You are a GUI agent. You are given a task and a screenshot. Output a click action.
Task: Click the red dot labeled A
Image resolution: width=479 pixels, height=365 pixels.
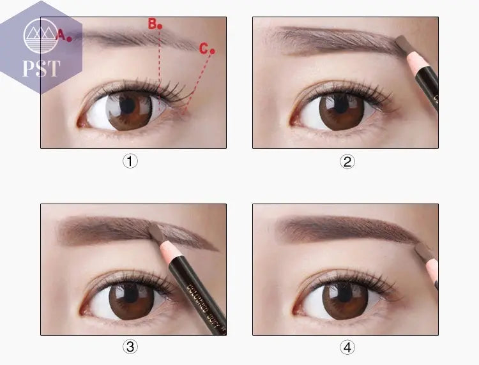point(69,38)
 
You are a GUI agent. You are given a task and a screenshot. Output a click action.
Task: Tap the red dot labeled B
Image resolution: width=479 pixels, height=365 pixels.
point(160,27)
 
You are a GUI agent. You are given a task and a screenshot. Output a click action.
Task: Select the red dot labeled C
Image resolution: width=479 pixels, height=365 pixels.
point(212,51)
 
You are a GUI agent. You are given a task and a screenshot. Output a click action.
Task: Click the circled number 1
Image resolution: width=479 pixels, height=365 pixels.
point(130,161)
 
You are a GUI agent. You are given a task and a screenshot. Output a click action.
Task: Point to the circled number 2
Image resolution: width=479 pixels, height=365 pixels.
point(347,161)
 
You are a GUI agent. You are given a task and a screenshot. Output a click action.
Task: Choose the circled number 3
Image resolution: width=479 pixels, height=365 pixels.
point(130,347)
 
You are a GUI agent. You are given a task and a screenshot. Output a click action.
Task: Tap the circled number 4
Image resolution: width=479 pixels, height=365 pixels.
point(347,347)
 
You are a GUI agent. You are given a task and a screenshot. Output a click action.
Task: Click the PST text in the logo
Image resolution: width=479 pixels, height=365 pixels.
point(42,68)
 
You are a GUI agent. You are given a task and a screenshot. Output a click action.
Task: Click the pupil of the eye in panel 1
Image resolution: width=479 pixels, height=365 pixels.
point(128,105)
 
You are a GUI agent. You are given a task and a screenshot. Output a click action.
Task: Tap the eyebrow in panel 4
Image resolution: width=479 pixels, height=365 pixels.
point(345,228)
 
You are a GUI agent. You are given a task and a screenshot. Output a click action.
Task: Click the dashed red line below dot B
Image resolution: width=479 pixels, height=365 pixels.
point(160,61)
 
